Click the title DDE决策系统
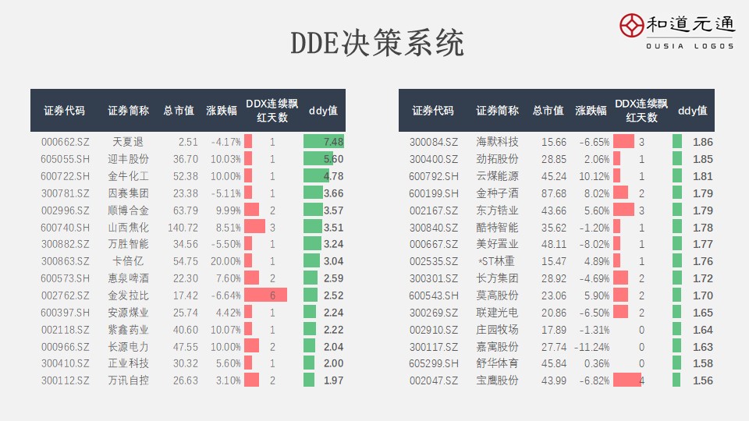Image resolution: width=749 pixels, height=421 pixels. click(377, 43)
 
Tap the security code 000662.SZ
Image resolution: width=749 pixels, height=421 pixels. click(65, 142)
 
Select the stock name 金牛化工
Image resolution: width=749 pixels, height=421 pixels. click(128, 176)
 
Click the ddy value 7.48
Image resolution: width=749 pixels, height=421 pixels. click(324, 142)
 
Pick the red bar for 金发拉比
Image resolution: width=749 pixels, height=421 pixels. click(265, 295)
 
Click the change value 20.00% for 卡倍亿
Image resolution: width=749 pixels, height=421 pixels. click(225, 261)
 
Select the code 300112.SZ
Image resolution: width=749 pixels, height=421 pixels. click(65, 380)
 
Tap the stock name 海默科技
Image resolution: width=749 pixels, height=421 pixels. click(497, 142)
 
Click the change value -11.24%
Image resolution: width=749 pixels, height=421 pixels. click(593, 347)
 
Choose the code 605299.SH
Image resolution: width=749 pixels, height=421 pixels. click(434, 363)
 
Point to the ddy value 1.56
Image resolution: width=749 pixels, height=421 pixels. click(702, 380)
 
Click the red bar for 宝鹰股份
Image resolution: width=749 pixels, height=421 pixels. click(627, 380)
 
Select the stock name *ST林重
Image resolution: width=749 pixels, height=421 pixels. click(497, 261)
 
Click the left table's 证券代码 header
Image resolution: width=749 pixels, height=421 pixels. click(65, 111)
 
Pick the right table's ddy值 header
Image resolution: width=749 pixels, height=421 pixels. click(692, 111)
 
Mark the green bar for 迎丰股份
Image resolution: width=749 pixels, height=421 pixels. click(318, 159)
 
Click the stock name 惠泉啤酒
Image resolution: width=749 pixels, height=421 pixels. click(128, 278)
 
